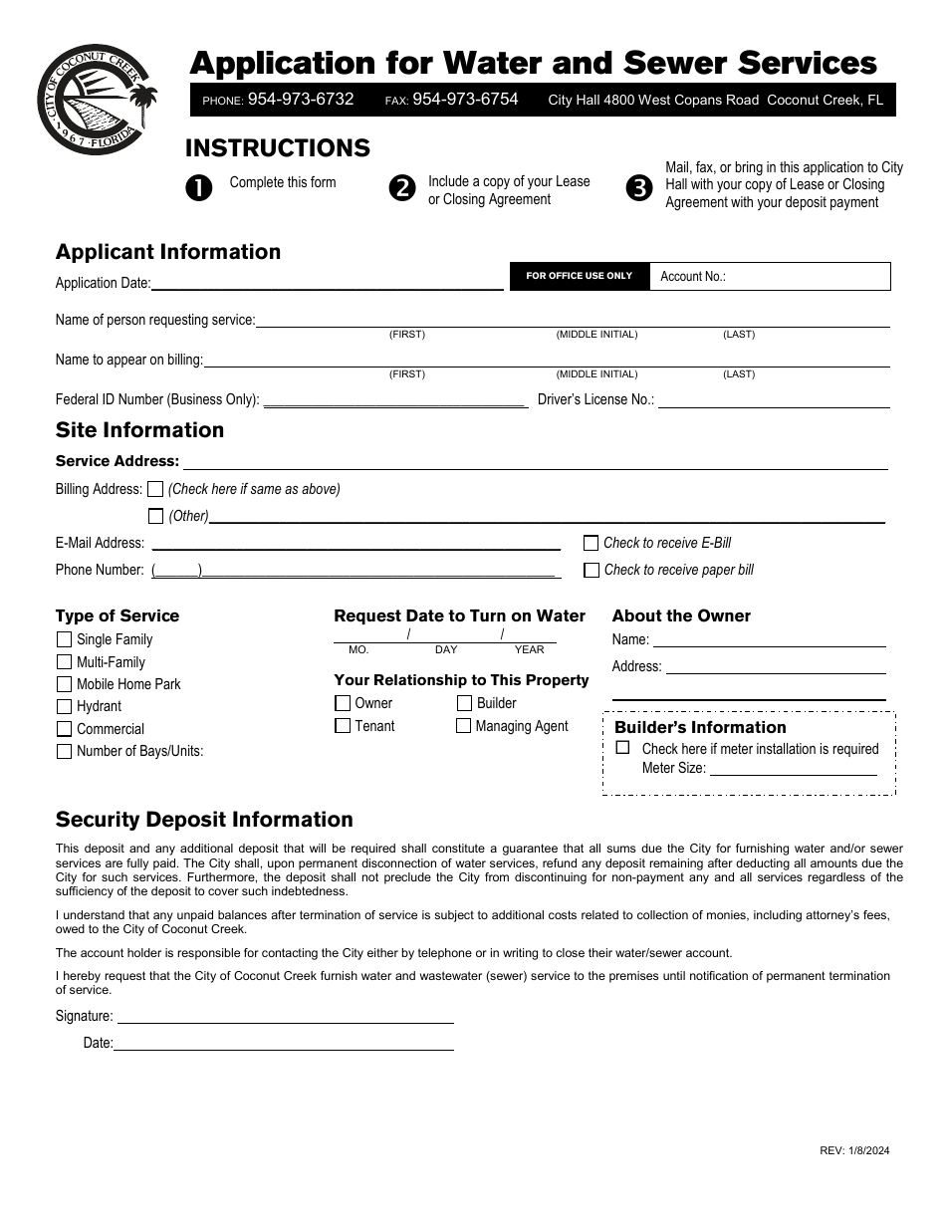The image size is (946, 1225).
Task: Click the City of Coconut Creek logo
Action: click(96, 100)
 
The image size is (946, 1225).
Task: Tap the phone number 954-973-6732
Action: click(301, 100)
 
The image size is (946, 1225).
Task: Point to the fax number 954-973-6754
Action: click(465, 100)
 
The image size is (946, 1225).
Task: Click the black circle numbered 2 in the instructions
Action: click(402, 188)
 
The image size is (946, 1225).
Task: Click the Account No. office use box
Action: click(769, 277)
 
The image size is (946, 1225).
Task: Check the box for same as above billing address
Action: click(155, 489)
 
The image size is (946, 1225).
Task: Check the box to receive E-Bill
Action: click(591, 543)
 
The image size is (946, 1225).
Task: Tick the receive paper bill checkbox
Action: click(591, 570)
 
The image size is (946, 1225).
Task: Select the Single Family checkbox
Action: click(65, 639)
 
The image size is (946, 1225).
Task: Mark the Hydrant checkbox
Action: click(65, 706)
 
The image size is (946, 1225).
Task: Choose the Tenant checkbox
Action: click(343, 726)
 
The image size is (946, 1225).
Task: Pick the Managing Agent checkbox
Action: click(463, 726)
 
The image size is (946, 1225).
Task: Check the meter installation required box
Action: click(623, 748)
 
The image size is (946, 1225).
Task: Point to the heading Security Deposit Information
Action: click(204, 820)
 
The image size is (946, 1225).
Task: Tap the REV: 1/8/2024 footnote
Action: click(854, 1150)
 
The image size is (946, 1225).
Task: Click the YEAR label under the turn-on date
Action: click(529, 649)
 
